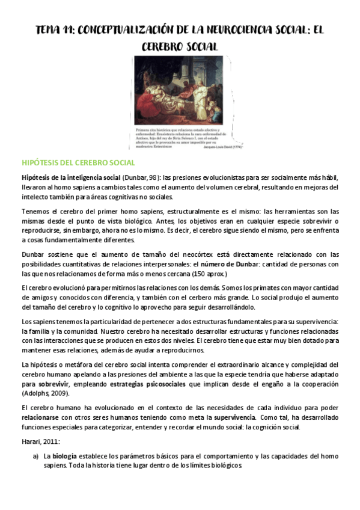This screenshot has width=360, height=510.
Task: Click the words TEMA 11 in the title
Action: (x=53, y=30)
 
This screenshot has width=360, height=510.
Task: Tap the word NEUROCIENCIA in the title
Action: (x=234, y=30)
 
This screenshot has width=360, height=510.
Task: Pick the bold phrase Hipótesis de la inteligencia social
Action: (x=70, y=178)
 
